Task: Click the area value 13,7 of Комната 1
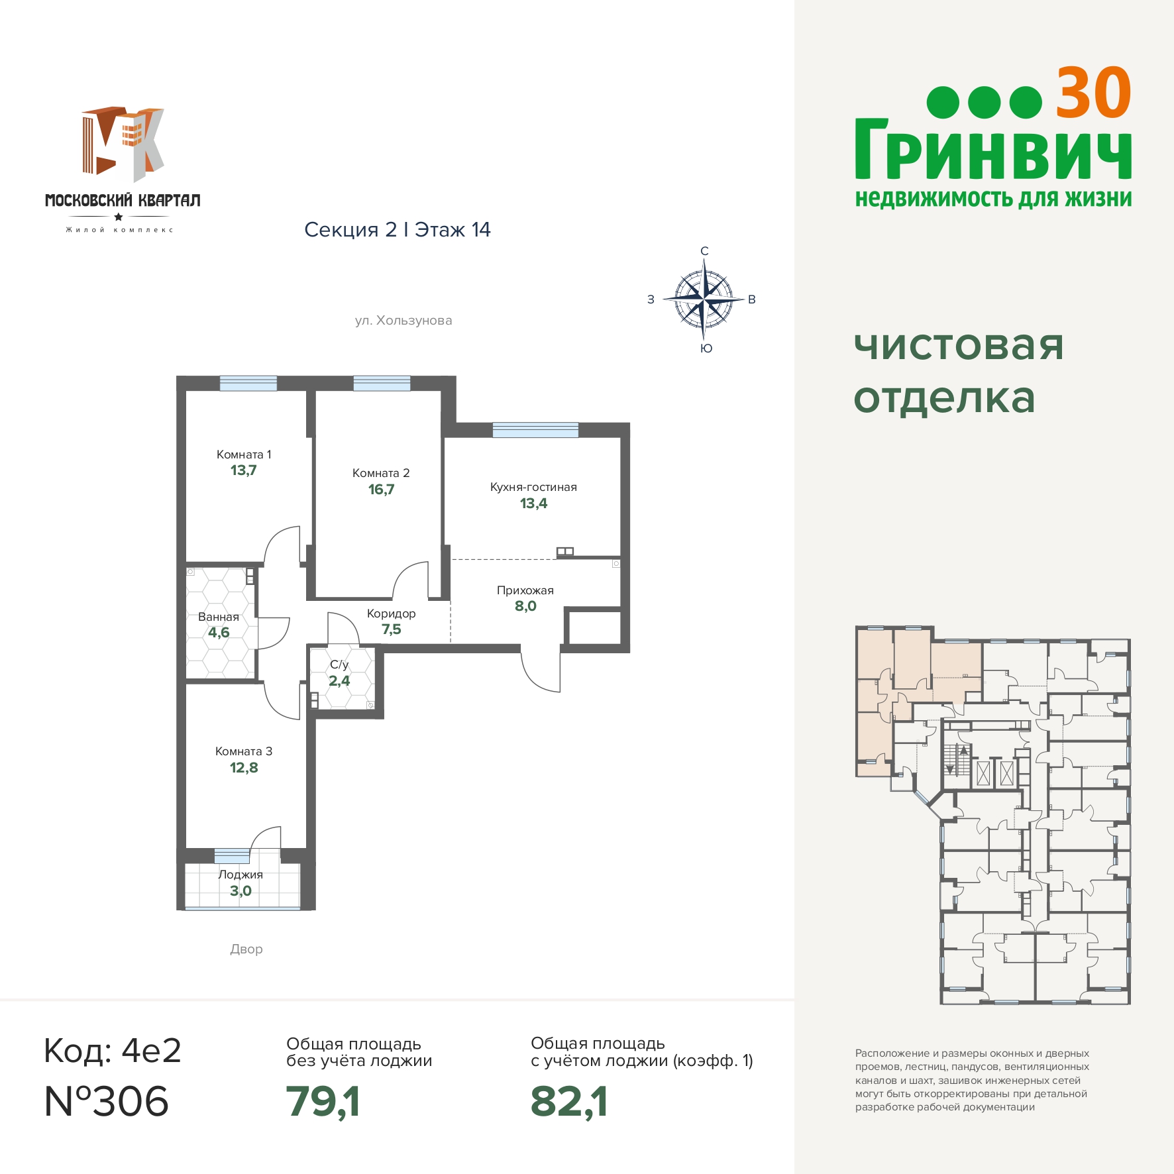point(243,470)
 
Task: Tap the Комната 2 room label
point(381,473)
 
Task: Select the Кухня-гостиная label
point(533,487)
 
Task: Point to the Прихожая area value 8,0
point(525,606)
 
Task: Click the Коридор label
point(392,614)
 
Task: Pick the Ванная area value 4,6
point(219,633)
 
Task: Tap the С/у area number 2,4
point(339,681)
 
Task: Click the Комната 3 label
point(244,751)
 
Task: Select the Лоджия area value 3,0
point(240,891)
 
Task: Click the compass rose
point(704,299)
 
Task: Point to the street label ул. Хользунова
point(403,321)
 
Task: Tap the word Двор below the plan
point(246,949)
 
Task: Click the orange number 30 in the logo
point(1093,93)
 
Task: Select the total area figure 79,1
point(323,1101)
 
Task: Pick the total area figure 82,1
point(569,1101)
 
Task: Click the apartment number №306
point(106,1101)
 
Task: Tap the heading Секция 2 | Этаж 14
point(398,230)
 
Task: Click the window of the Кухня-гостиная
point(535,430)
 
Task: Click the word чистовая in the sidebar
point(959,345)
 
